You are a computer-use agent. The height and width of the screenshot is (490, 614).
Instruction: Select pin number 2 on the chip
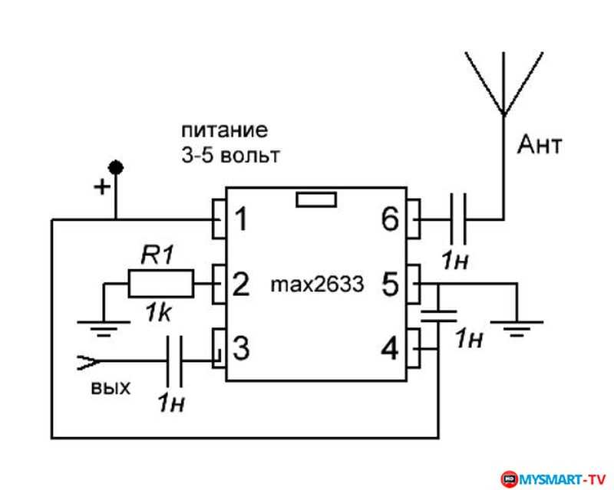pos(241,284)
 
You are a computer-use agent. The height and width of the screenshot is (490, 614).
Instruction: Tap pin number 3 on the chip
pos(241,348)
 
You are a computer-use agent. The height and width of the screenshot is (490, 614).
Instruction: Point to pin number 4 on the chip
pos(390,348)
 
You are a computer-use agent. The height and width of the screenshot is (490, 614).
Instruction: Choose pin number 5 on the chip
pos(390,284)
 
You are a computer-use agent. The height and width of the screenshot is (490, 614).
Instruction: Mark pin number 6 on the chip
pos(390,219)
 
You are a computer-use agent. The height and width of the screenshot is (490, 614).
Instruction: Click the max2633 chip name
pos(317,284)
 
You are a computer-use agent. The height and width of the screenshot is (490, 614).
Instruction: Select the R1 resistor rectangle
pos(161,284)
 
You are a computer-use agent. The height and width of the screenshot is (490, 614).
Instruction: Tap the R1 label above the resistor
pos(157,255)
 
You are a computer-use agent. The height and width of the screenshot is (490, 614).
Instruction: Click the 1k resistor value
pos(159,313)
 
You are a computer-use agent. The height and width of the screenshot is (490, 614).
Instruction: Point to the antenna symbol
pos(503,84)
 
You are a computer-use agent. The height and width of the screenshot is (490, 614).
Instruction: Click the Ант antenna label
pos(540,144)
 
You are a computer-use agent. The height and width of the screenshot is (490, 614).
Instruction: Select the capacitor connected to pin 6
pos(457,219)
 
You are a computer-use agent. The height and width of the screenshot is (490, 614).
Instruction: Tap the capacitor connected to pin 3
pos(174,360)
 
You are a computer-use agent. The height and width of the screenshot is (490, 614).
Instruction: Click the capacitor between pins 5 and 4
pos(438,315)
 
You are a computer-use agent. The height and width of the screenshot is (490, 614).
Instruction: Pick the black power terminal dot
pos(116,168)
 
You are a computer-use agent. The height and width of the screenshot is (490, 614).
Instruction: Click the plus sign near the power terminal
pos(102,186)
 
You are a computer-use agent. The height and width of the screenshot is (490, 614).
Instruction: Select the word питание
pos(225,130)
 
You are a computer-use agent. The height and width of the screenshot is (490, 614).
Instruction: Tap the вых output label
pos(111,388)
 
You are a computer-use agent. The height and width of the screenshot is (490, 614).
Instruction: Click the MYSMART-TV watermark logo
pos(553,479)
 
